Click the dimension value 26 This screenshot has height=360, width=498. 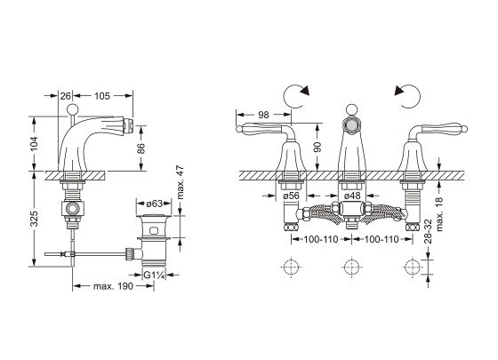(65, 96)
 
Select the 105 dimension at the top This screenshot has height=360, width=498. (102, 96)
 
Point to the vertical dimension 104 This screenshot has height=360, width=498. (34, 143)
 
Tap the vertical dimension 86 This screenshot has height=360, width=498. (141, 148)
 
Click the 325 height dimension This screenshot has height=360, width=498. (34, 219)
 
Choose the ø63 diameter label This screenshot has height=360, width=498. (155, 204)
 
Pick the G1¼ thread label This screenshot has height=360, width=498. (155, 275)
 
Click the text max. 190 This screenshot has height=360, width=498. (114, 286)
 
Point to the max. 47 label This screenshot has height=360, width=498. (180, 182)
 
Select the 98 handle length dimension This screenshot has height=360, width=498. (263, 115)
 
